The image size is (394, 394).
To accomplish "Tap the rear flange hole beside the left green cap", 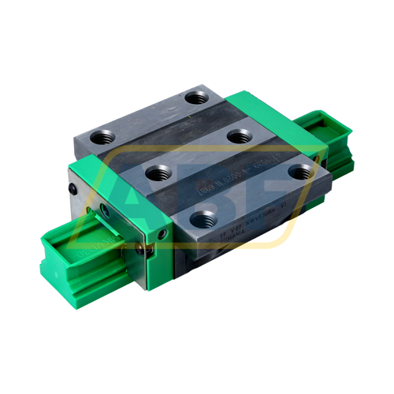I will pos(103,137).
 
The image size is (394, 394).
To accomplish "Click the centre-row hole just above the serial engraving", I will pos(239,136).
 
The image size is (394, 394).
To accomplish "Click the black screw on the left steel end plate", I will pos(72,190).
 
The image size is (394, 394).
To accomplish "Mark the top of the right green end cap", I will pos(260,106).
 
